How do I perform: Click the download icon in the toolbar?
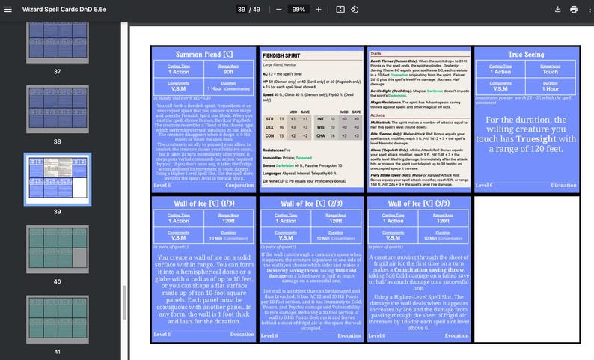coord(557,9)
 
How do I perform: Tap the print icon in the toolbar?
coord(574,9)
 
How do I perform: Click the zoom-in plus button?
coord(319,9)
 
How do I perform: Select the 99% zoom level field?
coord(298,9)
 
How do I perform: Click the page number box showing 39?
coord(242,9)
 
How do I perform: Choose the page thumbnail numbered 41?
coord(57,318)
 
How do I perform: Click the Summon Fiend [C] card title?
coord(203,54)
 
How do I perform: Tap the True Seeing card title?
coord(525,54)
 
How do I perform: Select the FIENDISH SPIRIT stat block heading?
coord(283,55)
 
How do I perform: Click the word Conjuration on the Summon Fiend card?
coord(239,185)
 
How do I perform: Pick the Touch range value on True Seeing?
coord(551,70)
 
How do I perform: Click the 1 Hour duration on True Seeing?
coord(551,88)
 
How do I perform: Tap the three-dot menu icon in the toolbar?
coord(590,9)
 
